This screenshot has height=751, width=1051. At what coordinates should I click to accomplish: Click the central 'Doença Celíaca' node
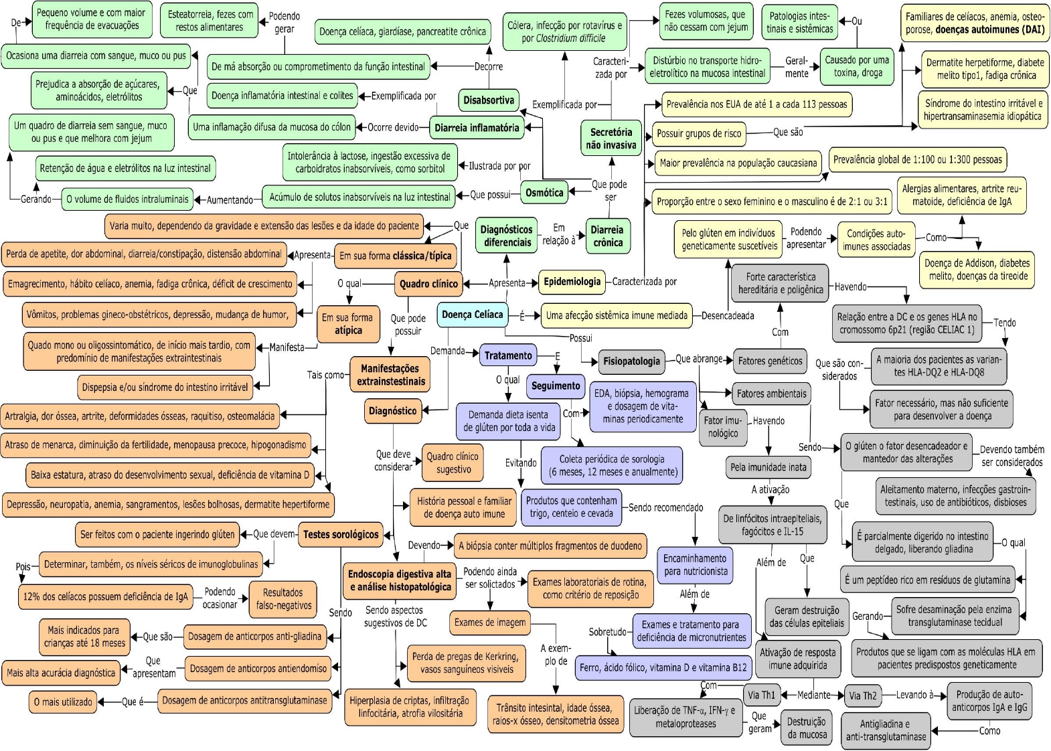473,315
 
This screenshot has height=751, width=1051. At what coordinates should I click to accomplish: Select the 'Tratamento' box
508,355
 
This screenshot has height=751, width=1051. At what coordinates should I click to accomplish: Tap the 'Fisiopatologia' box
631,361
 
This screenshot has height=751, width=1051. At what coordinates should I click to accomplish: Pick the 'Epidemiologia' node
572,282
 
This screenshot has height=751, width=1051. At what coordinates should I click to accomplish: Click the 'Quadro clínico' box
428,284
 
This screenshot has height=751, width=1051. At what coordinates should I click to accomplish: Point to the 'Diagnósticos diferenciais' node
507,236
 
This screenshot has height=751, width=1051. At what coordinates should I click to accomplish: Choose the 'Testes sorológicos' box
341,534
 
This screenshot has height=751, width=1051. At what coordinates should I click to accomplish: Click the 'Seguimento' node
556,386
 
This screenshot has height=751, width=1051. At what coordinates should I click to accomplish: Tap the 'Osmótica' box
544,193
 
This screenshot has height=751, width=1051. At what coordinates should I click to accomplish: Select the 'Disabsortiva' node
489,100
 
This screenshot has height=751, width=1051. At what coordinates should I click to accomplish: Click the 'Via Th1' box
761,695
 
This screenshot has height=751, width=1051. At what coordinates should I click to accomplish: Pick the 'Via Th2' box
862,696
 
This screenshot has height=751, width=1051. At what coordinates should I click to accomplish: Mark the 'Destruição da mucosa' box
806,728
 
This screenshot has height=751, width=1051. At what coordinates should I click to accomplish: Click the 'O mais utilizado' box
63,702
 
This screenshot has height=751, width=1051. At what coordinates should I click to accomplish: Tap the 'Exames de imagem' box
490,622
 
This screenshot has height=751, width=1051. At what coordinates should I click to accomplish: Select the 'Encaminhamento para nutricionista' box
695,565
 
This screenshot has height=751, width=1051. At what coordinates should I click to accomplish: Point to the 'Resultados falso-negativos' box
283,599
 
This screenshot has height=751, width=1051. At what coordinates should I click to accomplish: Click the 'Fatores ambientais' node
772,394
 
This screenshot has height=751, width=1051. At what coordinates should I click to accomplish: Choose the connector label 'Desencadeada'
728,316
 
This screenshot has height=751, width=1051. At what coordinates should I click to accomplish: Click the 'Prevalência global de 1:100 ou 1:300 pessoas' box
918,160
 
